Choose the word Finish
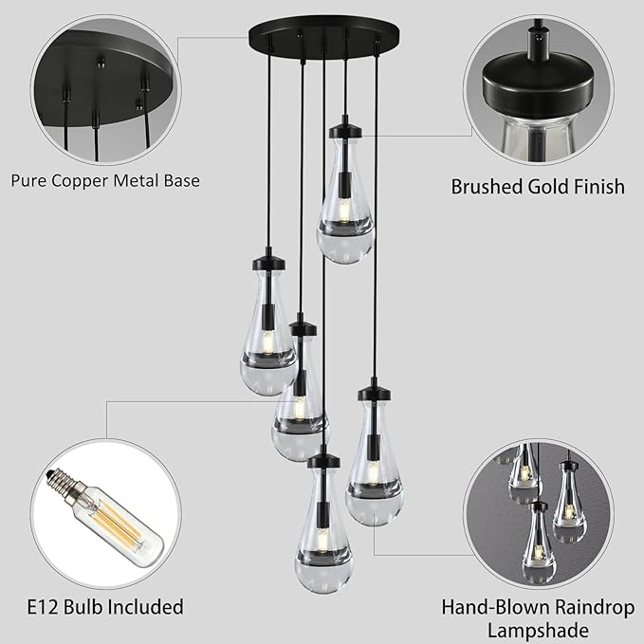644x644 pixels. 598,186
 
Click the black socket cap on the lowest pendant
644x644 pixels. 322,462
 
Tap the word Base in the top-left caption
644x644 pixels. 180,179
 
